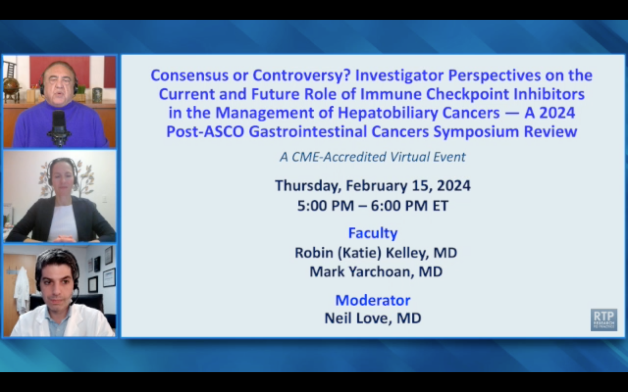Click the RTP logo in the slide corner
click(x=604, y=320)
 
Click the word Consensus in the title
click(x=189, y=75)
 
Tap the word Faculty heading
click(x=373, y=233)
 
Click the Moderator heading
click(x=373, y=300)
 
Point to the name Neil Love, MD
click(x=373, y=318)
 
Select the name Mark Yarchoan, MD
click(x=376, y=272)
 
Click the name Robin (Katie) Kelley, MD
click(x=376, y=253)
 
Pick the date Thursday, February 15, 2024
click(x=373, y=186)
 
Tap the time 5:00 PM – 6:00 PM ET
click(x=373, y=206)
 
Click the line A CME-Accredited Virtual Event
click(x=373, y=157)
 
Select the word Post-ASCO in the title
click(x=205, y=132)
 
